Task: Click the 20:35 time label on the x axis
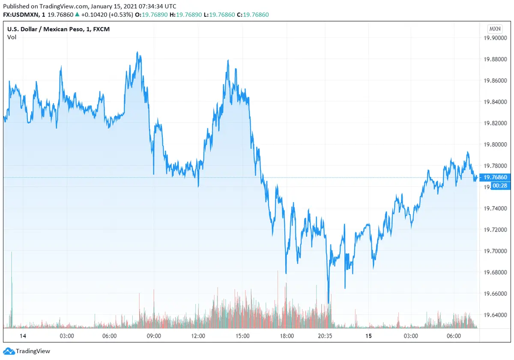click(x=325, y=336)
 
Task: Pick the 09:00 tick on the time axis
click(x=154, y=336)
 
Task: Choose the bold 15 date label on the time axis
click(x=368, y=336)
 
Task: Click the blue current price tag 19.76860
click(x=495, y=177)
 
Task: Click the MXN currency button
click(x=495, y=29)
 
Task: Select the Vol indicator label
click(x=12, y=37)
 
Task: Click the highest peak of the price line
click(x=137, y=52)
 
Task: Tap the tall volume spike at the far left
click(x=12, y=291)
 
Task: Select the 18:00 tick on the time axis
click(x=287, y=336)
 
